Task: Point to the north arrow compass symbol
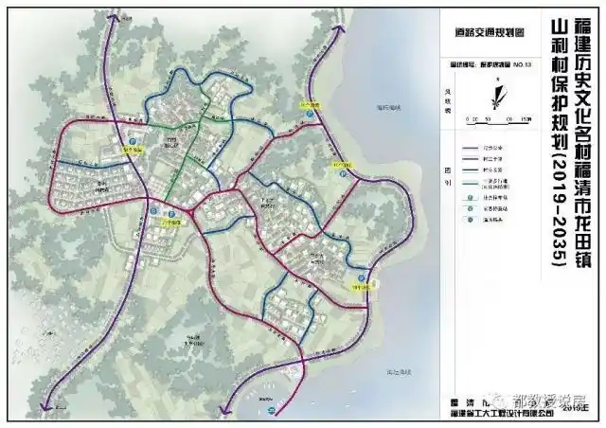[x=493, y=94]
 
